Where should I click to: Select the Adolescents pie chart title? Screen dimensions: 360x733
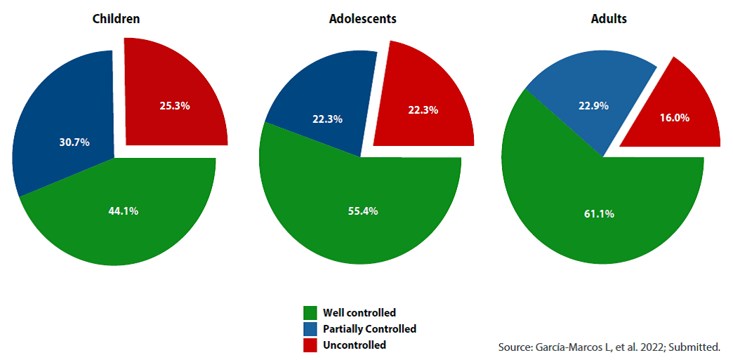tap(362, 19)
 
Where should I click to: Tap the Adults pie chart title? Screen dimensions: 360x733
tap(609, 19)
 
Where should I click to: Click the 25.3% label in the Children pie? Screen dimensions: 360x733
tap(175, 106)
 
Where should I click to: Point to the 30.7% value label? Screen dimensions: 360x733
tap(74, 142)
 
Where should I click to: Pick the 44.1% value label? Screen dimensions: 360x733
tap(123, 211)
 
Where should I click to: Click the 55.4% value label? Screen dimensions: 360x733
tap(363, 211)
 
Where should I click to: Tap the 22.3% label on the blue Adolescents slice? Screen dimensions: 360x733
tap(327, 119)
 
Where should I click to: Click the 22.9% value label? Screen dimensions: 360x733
tap(593, 106)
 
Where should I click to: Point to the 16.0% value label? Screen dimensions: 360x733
tap(674, 118)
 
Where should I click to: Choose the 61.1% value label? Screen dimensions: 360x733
tap(600, 213)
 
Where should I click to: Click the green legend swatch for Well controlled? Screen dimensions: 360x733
tap(310, 313)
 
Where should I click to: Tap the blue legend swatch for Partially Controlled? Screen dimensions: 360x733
tap(310, 329)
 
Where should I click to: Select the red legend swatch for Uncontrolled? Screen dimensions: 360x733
tap(310, 345)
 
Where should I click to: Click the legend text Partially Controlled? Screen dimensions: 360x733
tap(369, 329)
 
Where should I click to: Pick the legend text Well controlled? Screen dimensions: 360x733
tap(359, 313)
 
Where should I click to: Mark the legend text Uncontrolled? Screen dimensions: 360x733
tap(355, 345)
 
